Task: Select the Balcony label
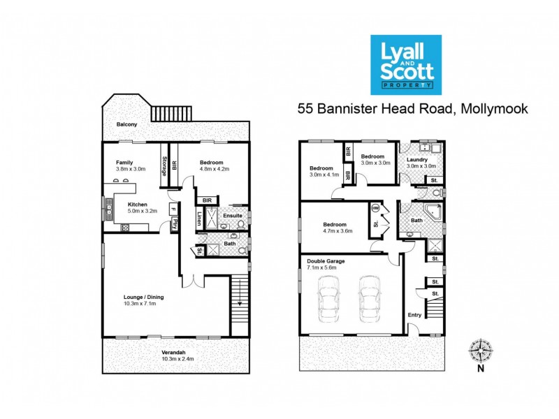tap(126, 124)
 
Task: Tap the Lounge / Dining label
tap(148, 300)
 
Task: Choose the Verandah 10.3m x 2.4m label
tap(168, 355)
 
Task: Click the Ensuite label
tap(232, 216)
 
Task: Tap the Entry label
tap(414, 315)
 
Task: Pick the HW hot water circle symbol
tap(375, 207)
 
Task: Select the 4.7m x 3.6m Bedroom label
tap(337, 227)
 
